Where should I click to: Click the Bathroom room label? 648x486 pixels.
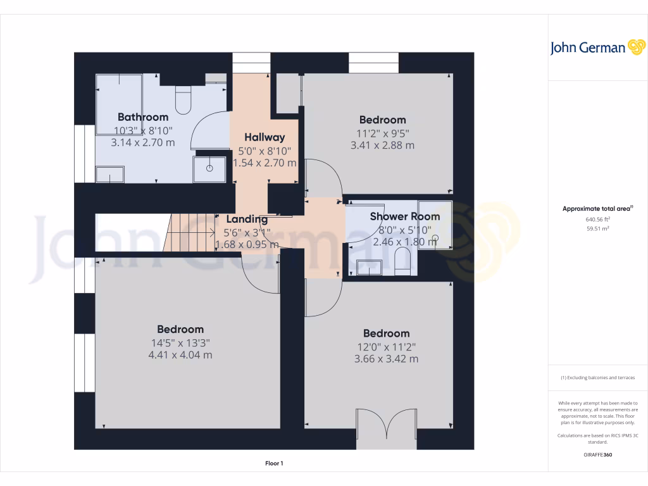pyautogui.click(x=143, y=117)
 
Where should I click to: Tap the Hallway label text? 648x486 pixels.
pyautogui.click(x=265, y=137)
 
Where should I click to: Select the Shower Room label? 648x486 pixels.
pyautogui.click(x=405, y=216)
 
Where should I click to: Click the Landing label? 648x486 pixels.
pyautogui.click(x=247, y=219)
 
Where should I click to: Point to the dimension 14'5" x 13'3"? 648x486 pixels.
pyautogui.click(x=180, y=342)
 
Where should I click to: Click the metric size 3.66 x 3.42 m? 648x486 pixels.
pyautogui.click(x=386, y=359)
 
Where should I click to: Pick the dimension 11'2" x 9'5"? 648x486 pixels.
pyautogui.click(x=382, y=133)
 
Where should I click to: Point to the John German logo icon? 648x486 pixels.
pyautogui.click(x=635, y=47)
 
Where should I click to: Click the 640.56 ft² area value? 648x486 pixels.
pyautogui.click(x=589, y=220)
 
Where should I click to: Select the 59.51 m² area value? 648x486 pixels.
pyautogui.click(x=589, y=229)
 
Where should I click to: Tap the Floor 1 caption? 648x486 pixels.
pyautogui.click(x=274, y=463)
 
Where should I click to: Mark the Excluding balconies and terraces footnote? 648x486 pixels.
pyautogui.click(x=597, y=378)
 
